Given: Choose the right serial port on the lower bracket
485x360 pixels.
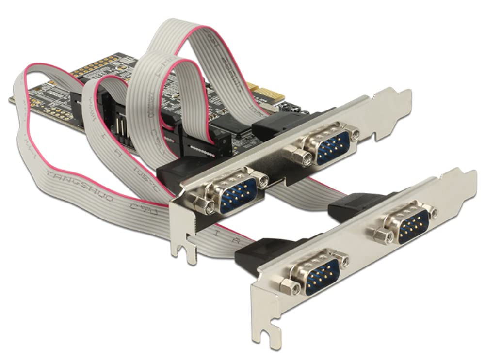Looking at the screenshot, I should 407,225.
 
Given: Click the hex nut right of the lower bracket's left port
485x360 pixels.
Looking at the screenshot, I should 345,262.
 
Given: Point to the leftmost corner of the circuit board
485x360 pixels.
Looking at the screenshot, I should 11,100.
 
